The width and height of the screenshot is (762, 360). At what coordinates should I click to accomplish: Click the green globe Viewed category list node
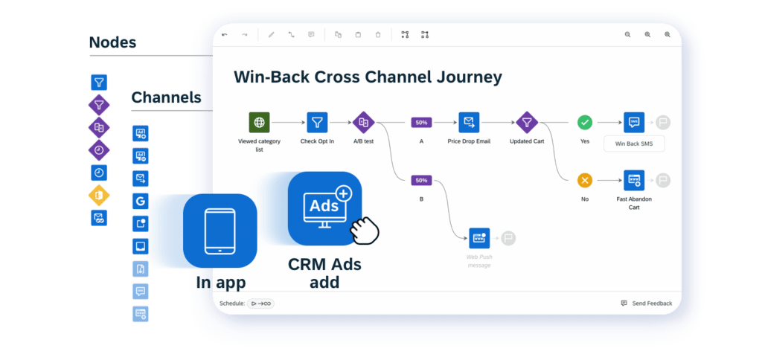click(x=259, y=122)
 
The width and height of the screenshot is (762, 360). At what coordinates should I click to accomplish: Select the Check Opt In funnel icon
click(x=317, y=122)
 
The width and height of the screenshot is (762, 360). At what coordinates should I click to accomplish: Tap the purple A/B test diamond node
click(x=363, y=122)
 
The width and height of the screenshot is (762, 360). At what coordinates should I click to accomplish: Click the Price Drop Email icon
click(x=469, y=122)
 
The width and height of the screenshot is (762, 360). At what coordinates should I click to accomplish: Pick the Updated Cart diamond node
click(x=527, y=122)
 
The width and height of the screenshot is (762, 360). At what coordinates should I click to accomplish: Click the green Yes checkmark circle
click(x=585, y=122)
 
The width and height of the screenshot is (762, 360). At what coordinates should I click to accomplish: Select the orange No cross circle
click(x=585, y=180)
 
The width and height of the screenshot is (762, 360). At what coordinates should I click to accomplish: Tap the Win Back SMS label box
click(x=634, y=144)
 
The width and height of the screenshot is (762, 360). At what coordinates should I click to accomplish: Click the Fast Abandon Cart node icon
click(x=634, y=180)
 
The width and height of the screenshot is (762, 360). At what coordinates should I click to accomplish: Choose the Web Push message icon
click(x=479, y=238)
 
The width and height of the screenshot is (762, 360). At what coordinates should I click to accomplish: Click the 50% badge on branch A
click(x=421, y=122)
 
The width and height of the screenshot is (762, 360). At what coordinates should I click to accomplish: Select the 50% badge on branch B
click(x=421, y=180)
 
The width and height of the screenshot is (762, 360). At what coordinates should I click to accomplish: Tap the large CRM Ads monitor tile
click(x=324, y=208)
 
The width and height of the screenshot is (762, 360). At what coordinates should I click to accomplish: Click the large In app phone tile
click(x=220, y=231)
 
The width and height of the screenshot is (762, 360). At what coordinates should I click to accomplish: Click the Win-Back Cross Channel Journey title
click(x=368, y=77)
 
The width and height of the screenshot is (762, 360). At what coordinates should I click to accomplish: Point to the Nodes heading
click(x=112, y=42)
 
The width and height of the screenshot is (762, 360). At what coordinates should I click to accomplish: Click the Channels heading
click(x=166, y=97)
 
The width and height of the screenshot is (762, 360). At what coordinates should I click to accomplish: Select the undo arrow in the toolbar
click(x=225, y=34)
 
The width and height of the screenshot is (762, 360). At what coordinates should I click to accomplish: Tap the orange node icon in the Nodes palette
click(x=99, y=196)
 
